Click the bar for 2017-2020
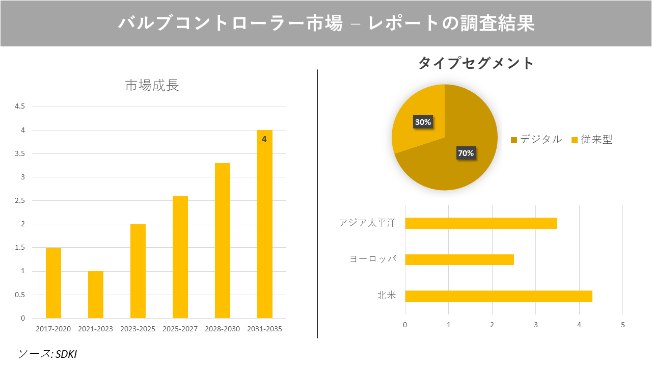coord(53,283)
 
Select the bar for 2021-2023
coord(96,295)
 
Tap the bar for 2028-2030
coord(223,241)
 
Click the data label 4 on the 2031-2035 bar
coord(264,139)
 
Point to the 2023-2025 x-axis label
coord(138,329)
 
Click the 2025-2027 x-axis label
coord(180,329)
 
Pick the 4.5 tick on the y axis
coord(20,107)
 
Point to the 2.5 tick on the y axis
coord(20,201)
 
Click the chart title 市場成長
coord(152,86)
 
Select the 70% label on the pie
coord(466,153)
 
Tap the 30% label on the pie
coord(423,122)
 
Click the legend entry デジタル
coord(540,140)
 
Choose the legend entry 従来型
coord(596,140)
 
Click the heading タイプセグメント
coord(476,63)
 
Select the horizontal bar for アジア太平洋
coord(481,223)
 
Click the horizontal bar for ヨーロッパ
coord(459,259)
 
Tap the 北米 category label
coord(387,296)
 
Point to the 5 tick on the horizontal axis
coord(622,325)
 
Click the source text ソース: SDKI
coord(47,354)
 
